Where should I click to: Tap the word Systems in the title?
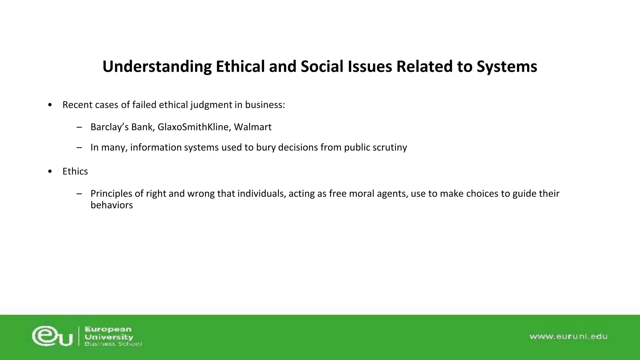point(507,67)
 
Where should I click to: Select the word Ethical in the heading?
point(240,67)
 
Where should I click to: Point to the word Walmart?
point(252,127)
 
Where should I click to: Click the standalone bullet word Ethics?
point(75,171)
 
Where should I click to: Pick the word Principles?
point(111,193)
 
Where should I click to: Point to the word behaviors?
point(112,205)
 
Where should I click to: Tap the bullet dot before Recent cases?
point(50,105)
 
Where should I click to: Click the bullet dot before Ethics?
point(50,172)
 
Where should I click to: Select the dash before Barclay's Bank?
point(79,127)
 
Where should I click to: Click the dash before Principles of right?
point(79,194)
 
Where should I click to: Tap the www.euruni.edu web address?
point(568,336)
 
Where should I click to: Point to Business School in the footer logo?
point(113,344)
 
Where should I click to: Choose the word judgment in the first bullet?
point(211,105)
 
